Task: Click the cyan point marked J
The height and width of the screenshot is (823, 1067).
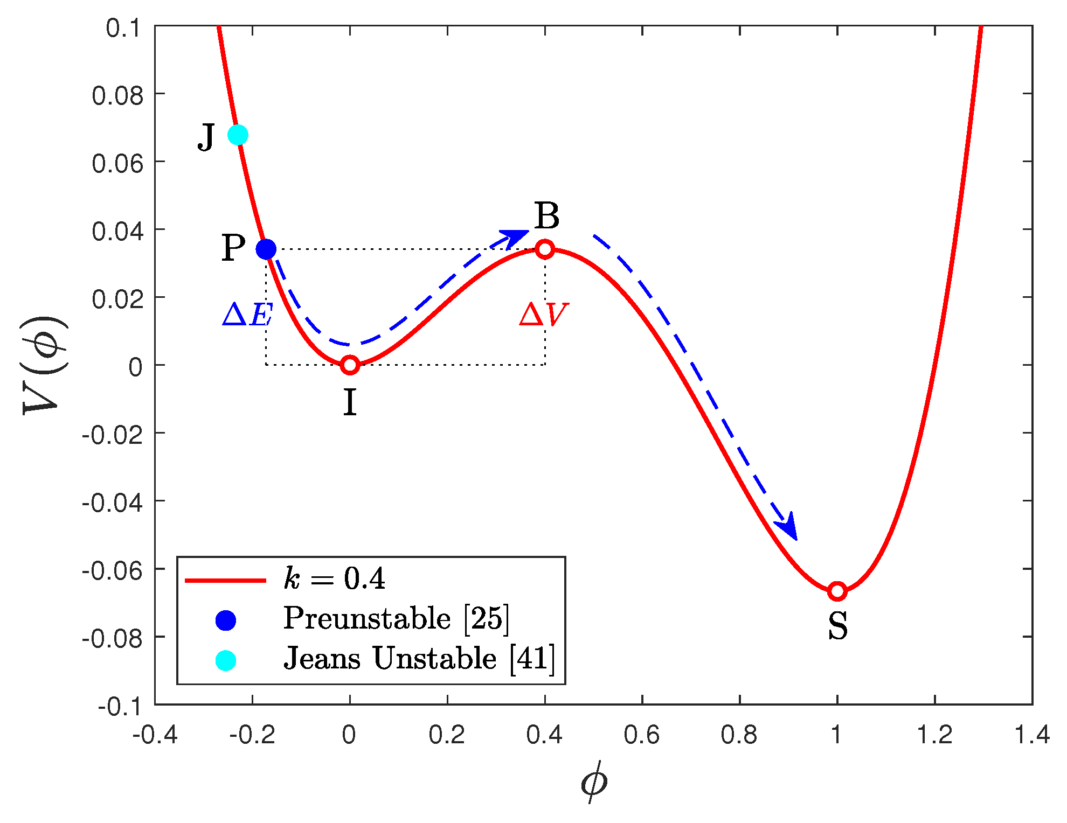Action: (x=238, y=135)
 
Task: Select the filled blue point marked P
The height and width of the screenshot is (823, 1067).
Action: (x=266, y=249)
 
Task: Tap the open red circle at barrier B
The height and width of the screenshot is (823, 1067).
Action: (x=545, y=249)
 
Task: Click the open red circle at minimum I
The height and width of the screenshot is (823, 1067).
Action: (x=350, y=365)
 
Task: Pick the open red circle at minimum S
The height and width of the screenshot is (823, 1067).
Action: (x=837, y=591)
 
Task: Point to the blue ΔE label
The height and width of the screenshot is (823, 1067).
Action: (x=247, y=315)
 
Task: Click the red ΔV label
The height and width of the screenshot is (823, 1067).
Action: (x=543, y=315)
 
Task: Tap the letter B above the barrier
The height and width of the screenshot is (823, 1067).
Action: (x=547, y=217)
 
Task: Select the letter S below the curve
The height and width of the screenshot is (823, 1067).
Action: (x=837, y=626)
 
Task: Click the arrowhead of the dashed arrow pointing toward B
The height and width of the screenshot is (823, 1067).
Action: (x=516, y=238)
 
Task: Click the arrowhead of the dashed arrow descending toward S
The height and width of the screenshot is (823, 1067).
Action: (x=788, y=528)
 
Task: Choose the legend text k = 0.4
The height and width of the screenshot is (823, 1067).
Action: (x=334, y=579)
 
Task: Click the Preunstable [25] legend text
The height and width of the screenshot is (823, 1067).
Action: (x=396, y=618)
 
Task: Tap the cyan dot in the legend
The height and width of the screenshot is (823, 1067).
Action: (x=225, y=660)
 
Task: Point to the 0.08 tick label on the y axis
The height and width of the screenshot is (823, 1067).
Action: (x=117, y=96)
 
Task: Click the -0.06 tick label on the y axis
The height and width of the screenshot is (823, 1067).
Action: (x=112, y=570)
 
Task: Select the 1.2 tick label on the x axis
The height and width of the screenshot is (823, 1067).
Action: (x=934, y=735)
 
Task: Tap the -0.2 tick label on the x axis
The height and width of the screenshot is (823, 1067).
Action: (x=252, y=735)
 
